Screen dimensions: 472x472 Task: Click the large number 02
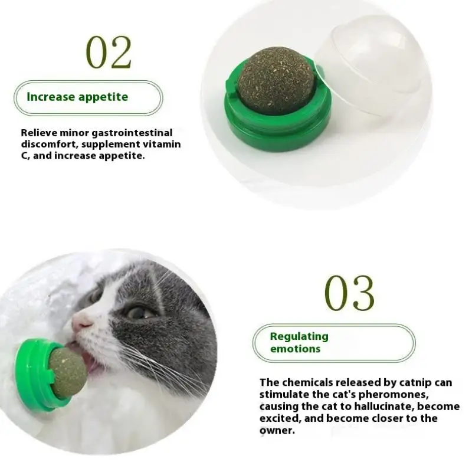coord(109,53)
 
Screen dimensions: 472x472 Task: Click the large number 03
coord(349,293)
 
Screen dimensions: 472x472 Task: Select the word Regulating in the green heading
coord(299,336)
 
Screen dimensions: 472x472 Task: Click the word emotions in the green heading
coord(295,349)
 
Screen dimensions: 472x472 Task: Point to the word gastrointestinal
coord(132,133)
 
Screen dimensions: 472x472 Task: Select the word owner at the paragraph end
coord(277,431)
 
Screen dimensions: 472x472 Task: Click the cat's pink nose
coord(82,322)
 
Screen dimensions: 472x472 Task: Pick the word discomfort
coord(47,144)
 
